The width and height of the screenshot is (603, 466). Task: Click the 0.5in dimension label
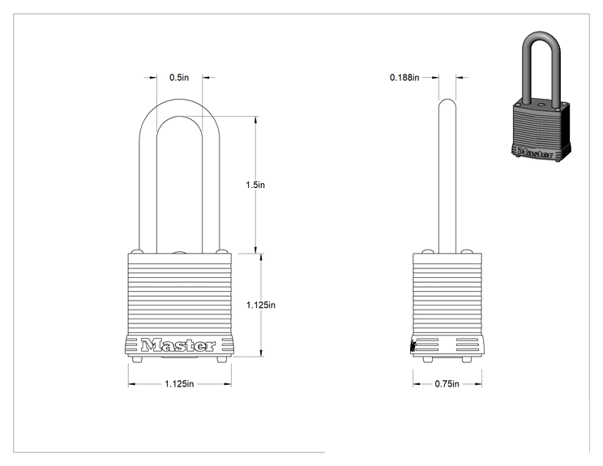click(179, 77)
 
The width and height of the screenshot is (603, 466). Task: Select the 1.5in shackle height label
click(255, 185)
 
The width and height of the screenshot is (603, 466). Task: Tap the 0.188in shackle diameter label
click(404, 77)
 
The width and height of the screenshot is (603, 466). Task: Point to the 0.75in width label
click(447, 383)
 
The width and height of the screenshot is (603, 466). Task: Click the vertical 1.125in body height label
click(261, 305)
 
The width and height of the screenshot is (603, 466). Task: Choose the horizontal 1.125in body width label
click(179, 383)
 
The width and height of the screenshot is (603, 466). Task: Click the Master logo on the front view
click(178, 345)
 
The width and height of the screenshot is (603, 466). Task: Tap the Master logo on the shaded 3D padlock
click(535, 152)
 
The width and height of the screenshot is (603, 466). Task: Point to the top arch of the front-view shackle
click(180, 100)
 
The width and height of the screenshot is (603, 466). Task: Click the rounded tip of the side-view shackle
click(447, 100)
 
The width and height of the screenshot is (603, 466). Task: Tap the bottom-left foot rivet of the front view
click(137, 360)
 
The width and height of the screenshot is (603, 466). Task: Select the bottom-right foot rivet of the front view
click(222, 360)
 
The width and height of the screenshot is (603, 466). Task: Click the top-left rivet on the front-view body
click(137, 251)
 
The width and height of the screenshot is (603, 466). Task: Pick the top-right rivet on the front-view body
click(222, 251)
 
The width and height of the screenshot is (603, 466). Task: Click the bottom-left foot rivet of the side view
click(428, 360)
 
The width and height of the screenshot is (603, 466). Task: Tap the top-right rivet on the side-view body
click(467, 251)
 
